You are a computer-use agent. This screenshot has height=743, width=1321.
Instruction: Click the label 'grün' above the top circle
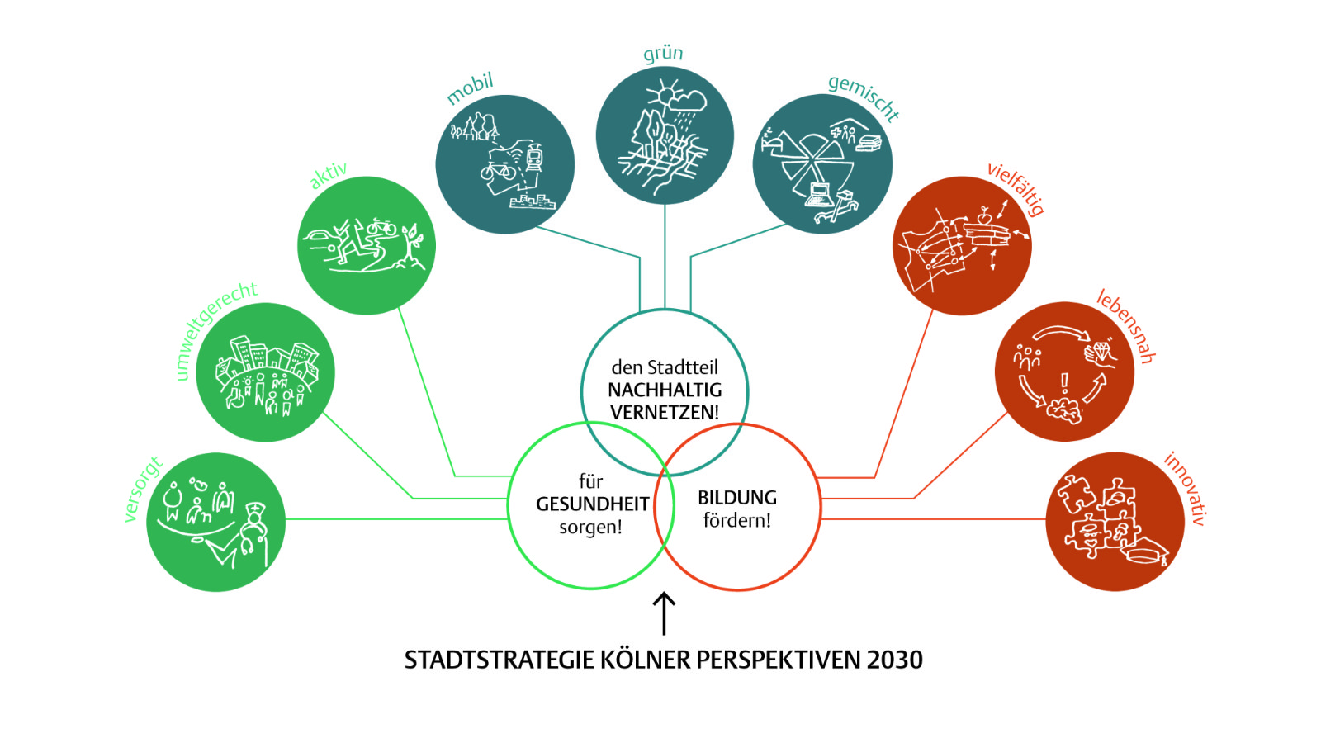pos(663,54)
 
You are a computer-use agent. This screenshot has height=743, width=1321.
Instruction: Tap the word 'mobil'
pos(470,88)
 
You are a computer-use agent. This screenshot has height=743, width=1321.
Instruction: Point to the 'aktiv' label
pos(328,175)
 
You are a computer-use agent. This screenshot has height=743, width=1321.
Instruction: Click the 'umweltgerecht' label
pos(215,329)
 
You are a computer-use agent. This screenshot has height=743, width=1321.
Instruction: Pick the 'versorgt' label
pos(142,490)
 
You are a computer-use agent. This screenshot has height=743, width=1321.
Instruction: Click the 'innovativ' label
pos(1186,488)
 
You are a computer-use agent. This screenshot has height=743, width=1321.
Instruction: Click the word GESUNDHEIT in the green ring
pos(592,504)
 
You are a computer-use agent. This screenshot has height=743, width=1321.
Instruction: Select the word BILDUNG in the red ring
pos(737,498)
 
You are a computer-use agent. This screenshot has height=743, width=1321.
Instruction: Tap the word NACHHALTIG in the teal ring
pos(665,390)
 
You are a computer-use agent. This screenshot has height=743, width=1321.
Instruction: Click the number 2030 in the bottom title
pos(894,660)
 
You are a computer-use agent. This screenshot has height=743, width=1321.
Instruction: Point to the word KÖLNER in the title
pos(645,660)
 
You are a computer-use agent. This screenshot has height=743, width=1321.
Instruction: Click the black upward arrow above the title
pos(664,613)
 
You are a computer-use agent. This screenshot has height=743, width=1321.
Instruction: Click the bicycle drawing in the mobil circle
pos(498,171)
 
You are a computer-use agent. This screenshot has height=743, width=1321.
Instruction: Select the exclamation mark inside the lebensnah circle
pos(1064,382)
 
